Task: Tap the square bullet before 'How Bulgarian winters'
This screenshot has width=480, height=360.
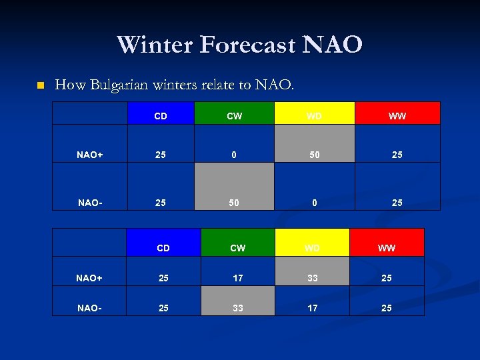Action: click(41, 85)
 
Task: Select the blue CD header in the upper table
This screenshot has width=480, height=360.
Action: click(161, 113)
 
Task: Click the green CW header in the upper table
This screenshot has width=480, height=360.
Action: click(234, 113)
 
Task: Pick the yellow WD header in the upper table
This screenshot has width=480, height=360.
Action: click(314, 113)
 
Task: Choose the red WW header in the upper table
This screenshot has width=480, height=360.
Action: click(397, 113)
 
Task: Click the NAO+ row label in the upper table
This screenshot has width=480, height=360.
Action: click(89, 155)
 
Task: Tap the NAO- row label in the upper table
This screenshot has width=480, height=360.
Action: click(89, 202)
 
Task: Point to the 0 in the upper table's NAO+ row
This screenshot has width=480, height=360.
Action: click(234, 155)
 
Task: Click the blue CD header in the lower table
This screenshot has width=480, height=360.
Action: click(163, 243)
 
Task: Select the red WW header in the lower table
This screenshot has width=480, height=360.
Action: click(387, 243)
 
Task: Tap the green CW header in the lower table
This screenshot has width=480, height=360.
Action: click(237, 243)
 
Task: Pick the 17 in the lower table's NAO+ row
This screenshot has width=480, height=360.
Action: click(237, 278)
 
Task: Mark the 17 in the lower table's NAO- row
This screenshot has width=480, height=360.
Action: click(312, 308)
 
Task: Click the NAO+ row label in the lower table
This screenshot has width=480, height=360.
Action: click(89, 278)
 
